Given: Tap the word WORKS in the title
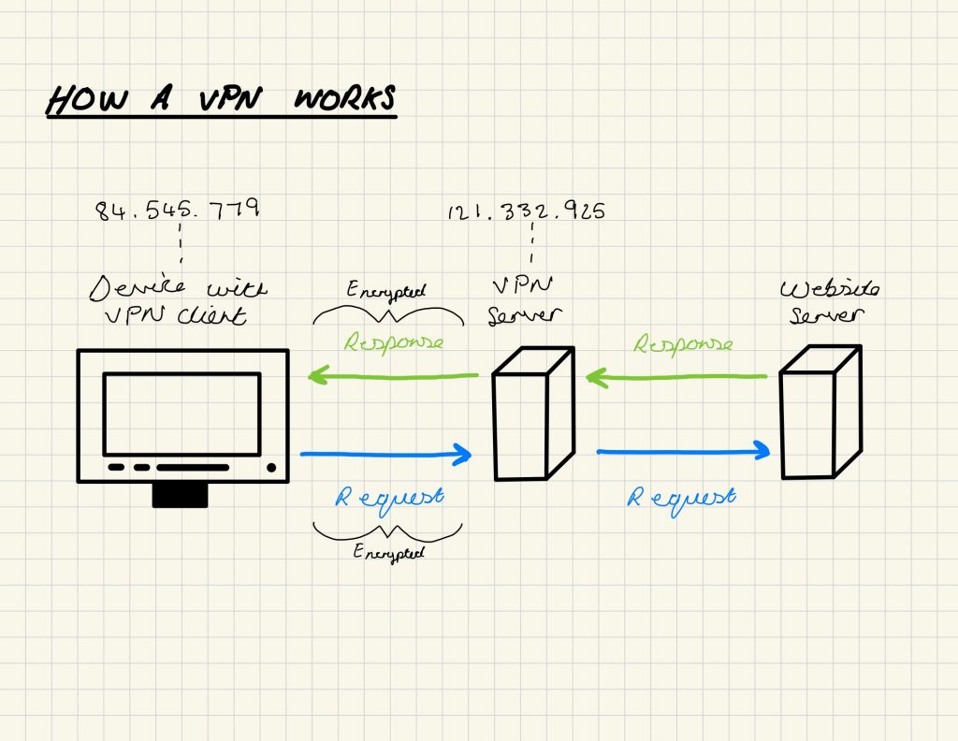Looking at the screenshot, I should pyautogui.click(x=345, y=98).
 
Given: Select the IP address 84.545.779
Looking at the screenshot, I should pyautogui.click(x=177, y=208).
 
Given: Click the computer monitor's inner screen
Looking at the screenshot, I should pyautogui.click(x=181, y=413).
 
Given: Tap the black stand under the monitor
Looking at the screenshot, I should pyautogui.click(x=180, y=496).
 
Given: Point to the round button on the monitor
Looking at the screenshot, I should pyautogui.click(x=271, y=467).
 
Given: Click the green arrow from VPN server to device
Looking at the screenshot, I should pyautogui.click(x=393, y=377).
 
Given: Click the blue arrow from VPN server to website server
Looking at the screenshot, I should pyautogui.click(x=683, y=452).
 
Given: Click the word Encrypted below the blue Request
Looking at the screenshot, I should pyautogui.click(x=388, y=552).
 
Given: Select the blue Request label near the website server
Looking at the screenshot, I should pyautogui.click(x=680, y=497).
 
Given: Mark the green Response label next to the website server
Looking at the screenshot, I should pyautogui.click(x=683, y=344).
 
